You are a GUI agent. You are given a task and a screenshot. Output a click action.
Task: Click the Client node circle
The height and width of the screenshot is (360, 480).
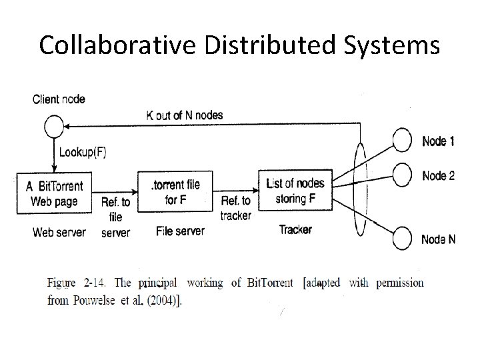coord(54,126)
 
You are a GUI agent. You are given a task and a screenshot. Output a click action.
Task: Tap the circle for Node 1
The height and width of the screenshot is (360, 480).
coord(403,141)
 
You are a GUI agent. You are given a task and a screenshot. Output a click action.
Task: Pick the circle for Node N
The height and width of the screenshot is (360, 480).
coord(403,239)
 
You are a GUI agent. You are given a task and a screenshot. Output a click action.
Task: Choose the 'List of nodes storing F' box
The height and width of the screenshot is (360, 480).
coord(295,190)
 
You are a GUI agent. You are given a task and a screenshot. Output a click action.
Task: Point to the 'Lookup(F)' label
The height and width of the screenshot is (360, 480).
coord(83,152)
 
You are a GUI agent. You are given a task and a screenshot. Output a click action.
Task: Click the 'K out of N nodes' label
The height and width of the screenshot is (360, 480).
coord(185,115)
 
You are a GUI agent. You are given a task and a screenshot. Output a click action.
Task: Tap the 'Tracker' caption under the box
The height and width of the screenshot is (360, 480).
coord(295,229)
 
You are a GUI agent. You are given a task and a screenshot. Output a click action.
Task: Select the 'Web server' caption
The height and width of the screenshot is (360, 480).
coord(59,232)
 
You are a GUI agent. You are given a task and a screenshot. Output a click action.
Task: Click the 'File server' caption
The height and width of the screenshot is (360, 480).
coord(180,231)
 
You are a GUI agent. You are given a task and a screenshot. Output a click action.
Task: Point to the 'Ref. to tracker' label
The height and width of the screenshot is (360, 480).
coord(235,207)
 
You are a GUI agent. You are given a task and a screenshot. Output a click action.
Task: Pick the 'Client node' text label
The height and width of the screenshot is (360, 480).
coord(59,99)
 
